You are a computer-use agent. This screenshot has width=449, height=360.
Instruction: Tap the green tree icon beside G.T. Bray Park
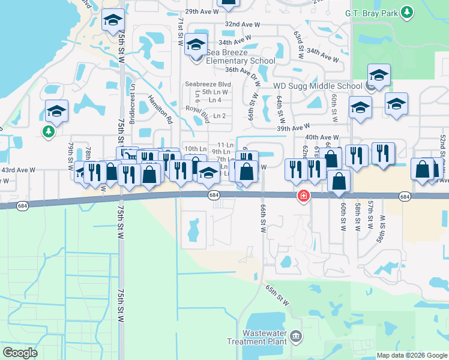pos(408,12)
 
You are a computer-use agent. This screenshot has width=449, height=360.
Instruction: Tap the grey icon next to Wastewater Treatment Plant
pos(295,337)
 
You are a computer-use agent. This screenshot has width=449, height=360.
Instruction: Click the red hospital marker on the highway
pos(304,196)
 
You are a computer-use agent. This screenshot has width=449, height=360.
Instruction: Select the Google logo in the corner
pos(20,353)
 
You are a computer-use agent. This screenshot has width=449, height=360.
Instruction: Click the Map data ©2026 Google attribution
pos(411,355)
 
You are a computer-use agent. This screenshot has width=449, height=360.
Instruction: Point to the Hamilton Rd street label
pos(160,111)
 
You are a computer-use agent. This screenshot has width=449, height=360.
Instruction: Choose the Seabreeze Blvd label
pos(208,84)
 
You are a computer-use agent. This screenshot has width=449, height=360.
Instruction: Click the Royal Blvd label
pos(197,113)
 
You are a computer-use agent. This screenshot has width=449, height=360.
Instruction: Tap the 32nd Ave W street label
pos(243,25)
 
